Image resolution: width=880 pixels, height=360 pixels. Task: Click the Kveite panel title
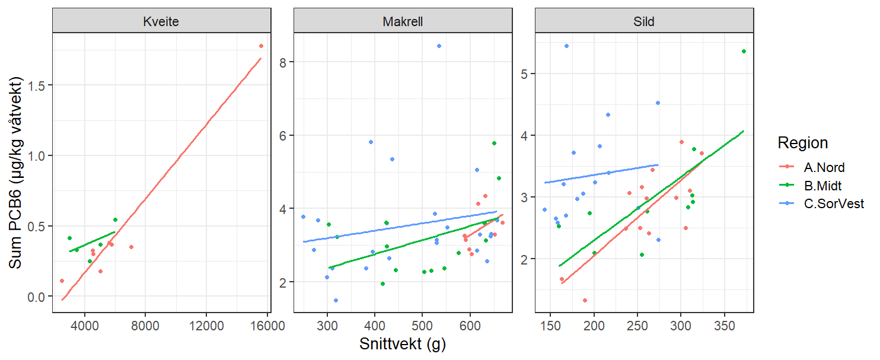[161, 22]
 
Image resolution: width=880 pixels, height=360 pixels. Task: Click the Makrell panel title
[403, 22]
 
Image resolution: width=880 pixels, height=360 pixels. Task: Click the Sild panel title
[644, 22]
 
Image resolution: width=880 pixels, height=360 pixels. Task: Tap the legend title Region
[802, 143]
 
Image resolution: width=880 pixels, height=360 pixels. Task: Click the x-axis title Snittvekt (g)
[403, 345]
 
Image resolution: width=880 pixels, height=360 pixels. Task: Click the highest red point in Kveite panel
[261, 46]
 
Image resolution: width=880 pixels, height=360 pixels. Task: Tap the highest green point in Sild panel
[744, 52]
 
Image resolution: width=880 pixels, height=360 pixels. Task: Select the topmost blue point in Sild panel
[566, 46]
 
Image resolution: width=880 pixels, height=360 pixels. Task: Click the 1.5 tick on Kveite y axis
[39, 85]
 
